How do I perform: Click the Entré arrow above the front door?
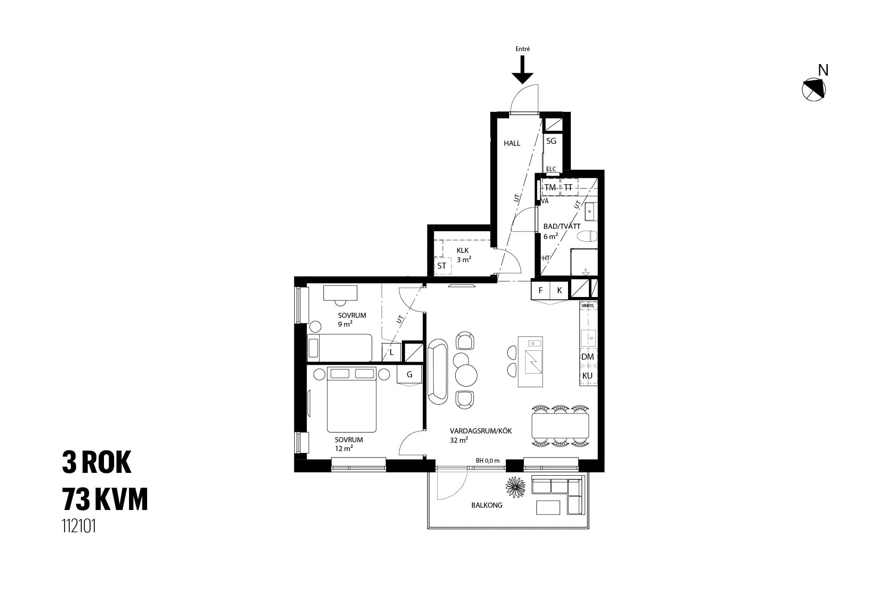(x=523, y=70)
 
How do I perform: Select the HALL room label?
(x=512, y=143)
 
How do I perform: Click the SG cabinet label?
(x=551, y=141)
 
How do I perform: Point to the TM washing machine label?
(x=550, y=187)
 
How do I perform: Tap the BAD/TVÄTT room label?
(x=562, y=226)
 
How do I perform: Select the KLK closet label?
(x=463, y=251)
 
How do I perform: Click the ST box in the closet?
(x=442, y=266)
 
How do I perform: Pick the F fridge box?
(x=541, y=291)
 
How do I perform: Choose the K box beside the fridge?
(x=560, y=291)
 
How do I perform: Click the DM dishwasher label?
(x=588, y=357)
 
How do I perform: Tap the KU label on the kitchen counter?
(x=588, y=376)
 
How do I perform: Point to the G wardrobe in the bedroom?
(x=409, y=374)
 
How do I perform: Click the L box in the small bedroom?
(x=392, y=353)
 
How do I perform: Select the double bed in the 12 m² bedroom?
(x=351, y=400)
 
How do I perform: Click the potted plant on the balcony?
(x=516, y=487)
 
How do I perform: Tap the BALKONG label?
(x=487, y=505)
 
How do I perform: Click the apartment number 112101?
(x=79, y=526)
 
